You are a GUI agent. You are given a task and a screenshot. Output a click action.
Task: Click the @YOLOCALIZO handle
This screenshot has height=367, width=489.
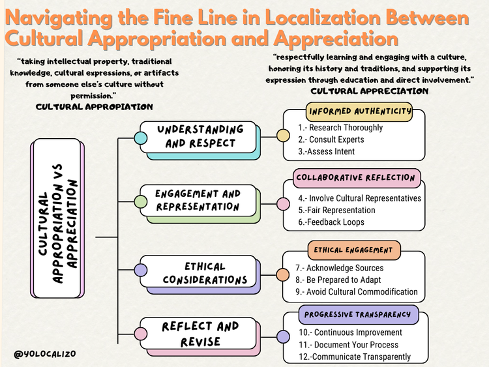[44, 353]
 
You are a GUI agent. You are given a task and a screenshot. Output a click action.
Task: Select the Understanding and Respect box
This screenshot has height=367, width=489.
[200, 136]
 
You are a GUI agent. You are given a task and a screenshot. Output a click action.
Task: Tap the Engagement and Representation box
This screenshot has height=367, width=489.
[198, 200]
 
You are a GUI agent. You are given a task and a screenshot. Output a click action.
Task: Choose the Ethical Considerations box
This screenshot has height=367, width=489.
[205, 272]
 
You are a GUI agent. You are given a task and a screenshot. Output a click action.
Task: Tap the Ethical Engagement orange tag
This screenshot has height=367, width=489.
[353, 250]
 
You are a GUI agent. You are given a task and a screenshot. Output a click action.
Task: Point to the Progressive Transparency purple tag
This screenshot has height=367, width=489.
[357, 314]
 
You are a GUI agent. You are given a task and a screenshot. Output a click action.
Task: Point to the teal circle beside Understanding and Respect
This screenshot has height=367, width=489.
[140, 138]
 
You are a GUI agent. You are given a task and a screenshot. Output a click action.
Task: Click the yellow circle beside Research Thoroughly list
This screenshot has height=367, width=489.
[283, 136]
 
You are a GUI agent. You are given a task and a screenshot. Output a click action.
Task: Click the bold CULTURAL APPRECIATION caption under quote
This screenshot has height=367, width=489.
[370, 91]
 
